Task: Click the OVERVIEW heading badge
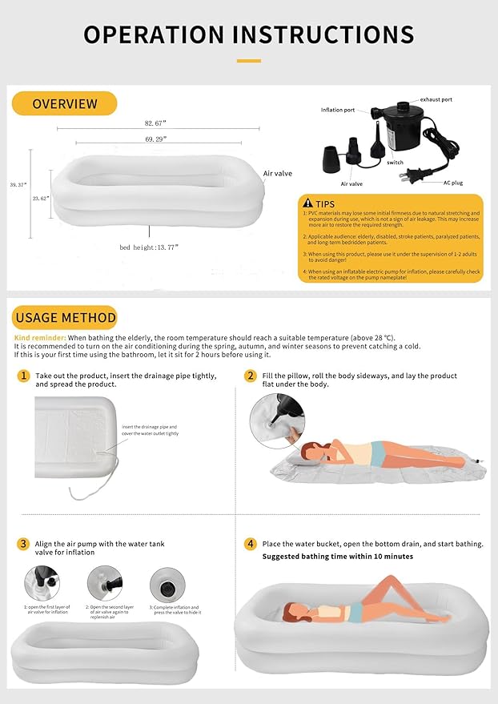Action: [x=65, y=103]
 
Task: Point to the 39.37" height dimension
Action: [x=18, y=184]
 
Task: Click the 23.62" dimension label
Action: [x=40, y=197]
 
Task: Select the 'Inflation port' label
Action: [x=337, y=110]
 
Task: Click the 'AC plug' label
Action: [x=454, y=183]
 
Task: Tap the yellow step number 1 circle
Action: [x=24, y=375]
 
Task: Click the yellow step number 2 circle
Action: [x=251, y=375]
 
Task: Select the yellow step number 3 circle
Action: [x=24, y=544]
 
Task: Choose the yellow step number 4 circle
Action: [x=251, y=544]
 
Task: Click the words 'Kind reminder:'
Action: [x=38, y=338]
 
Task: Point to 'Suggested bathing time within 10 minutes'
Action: [x=337, y=557]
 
